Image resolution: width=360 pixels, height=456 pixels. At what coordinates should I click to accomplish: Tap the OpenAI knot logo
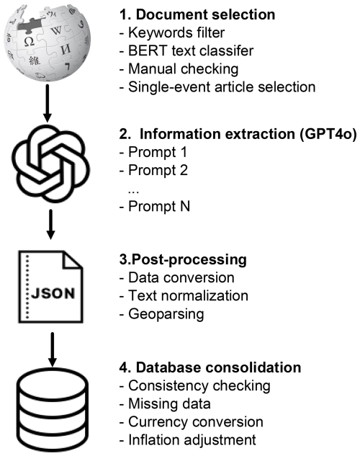pos(50,164)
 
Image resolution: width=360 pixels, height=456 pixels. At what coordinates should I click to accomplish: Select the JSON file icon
pos(50,287)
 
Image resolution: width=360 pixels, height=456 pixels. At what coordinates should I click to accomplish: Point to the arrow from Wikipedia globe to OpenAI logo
pos(47,103)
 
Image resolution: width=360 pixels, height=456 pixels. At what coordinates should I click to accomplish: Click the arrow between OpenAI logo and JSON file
pos(51,225)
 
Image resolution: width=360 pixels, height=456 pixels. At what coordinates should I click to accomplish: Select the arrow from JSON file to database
pos(53,349)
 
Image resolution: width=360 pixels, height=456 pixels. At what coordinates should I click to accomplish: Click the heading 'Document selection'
pos(205,14)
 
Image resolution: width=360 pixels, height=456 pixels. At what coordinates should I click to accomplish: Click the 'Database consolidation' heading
pos(218,367)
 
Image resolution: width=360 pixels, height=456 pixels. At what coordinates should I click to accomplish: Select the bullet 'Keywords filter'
pos(172,32)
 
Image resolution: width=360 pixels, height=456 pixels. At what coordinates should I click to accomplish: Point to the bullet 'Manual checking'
pos(179,69)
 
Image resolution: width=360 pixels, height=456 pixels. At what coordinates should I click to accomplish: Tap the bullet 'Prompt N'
pos(155,206)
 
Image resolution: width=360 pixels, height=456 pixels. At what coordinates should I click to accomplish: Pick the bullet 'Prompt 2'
pos(153,170)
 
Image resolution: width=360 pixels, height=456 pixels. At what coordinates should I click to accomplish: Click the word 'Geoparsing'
pos(166,314)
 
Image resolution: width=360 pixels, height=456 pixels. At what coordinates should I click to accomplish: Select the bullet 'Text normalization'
pos(184,296)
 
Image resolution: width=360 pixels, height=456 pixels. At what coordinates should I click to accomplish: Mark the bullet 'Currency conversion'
pos(192,422)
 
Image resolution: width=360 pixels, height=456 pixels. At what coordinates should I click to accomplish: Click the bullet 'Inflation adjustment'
pos(188,440)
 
